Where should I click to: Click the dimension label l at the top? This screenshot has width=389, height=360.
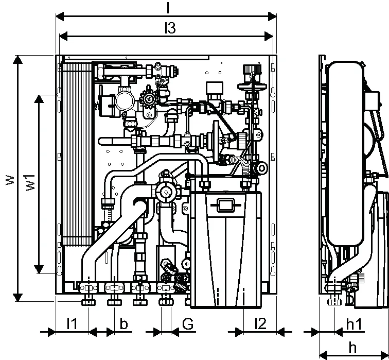(x=168, y=7)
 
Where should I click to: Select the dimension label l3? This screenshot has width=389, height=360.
(x=170, y=28)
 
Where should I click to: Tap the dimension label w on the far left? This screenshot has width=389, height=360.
(x=10, y=180)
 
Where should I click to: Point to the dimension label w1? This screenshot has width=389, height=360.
(x=31, y=182)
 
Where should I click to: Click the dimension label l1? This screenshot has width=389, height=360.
(x=72, y=323)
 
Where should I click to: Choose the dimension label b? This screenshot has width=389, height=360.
(x=123, y=323)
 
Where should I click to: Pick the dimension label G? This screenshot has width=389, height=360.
(x=188, y=324)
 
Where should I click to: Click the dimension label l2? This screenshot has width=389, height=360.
(x=260, y=323)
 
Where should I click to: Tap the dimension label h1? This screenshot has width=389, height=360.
(x=354, y=324)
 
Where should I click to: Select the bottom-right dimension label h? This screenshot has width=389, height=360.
(x=352, y=347)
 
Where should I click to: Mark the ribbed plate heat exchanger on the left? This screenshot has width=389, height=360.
(x=78, y=154)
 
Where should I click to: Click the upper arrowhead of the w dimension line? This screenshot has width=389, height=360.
(x=17, y=60)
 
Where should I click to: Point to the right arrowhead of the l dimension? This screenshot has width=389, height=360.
(x=272, y=16)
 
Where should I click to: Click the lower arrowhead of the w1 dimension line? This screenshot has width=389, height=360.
(x=39, y=269)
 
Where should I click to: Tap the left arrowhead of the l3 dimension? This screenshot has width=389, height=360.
(x=63, y=37)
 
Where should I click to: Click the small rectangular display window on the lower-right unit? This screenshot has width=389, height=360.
(x=226, y=205)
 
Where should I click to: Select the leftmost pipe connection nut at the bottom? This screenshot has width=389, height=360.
(x=89, y=302)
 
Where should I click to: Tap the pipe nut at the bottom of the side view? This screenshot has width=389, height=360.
(x=334, y=302)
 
